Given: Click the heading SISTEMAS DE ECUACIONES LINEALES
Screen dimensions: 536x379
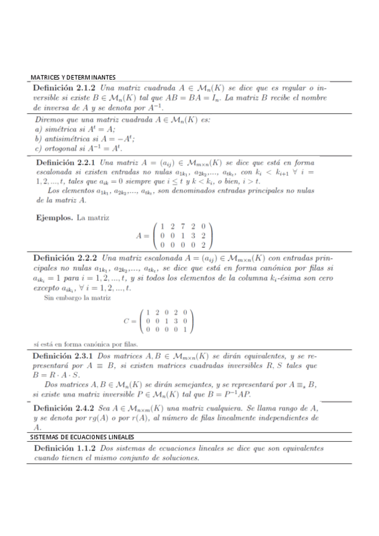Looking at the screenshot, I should coord(82,437).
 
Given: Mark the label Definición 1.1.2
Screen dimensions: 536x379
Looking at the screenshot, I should coord(66,448).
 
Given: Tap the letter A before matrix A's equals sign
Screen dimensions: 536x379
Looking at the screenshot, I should coord(139,235).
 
